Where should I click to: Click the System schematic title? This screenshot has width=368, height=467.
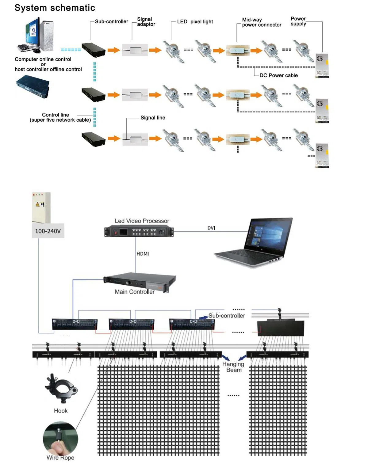point(55,8)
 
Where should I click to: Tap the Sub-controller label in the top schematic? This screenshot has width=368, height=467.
point(111,21)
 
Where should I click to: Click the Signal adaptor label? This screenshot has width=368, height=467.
point(146,22)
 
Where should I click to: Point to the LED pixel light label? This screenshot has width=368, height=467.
point(195,22)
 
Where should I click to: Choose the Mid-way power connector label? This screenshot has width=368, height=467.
point(261,22)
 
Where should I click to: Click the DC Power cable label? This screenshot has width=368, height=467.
point(278,75)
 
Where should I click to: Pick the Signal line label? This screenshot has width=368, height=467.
point(152,118)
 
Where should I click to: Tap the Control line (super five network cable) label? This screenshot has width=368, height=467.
point(60,117)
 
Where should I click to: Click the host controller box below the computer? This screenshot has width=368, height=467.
point(33,86)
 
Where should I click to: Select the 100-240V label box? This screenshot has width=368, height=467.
point(48,231)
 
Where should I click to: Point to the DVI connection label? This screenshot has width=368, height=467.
point(211,228)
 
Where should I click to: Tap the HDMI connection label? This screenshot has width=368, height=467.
point(143,254)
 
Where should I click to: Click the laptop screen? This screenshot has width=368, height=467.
point(266,234)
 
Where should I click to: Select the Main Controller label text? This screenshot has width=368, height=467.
point(134,292)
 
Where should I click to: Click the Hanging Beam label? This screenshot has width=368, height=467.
point(233,367)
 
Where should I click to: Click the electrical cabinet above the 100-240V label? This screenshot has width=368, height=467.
point(41,207)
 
